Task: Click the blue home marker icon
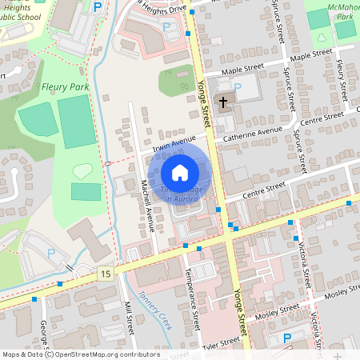coord(180,173)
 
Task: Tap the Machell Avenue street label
coord(146,206)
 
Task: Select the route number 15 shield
coord(106,274)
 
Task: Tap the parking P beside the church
coord(237,86)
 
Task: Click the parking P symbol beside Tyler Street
coord(287,338)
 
